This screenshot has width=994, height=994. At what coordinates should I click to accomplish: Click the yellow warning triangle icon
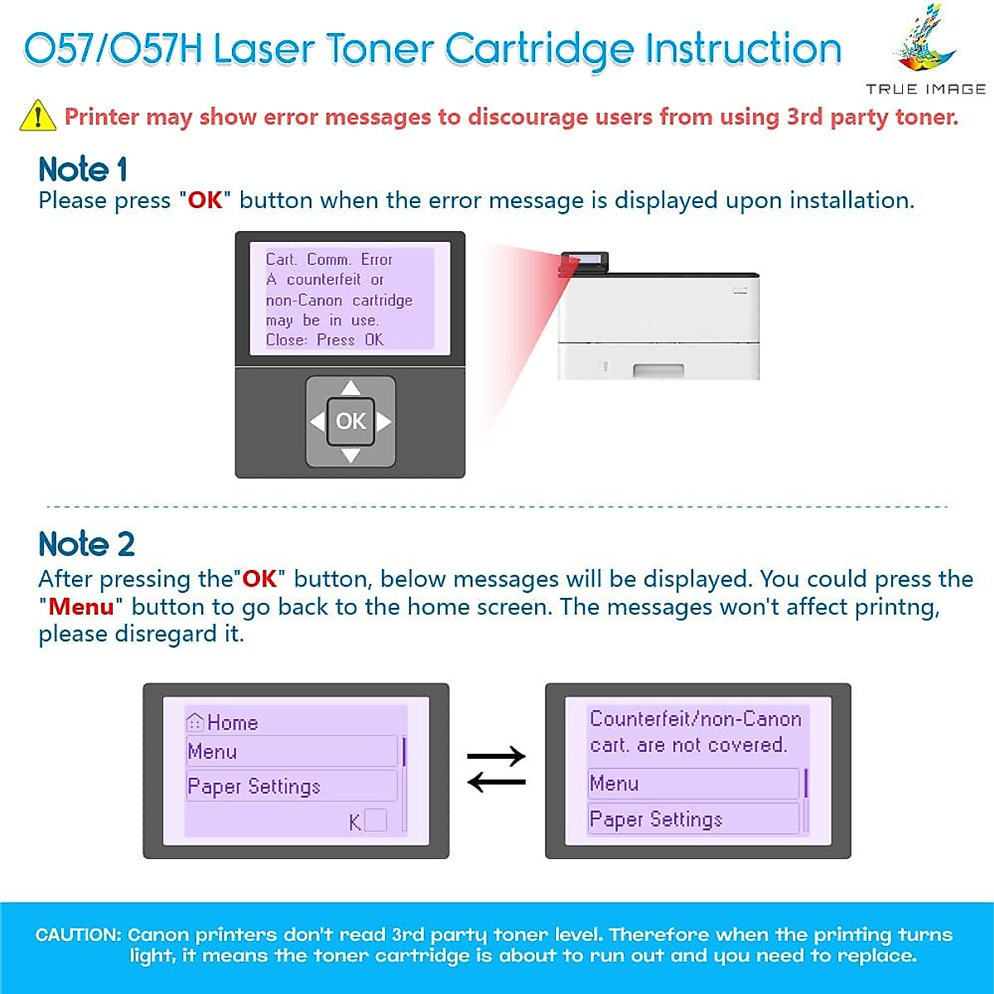pyautogui.click(x=37, y=116)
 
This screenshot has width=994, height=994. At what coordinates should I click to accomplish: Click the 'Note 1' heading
pyautogui.click(x=83, y=170)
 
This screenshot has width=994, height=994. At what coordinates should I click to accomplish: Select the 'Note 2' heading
pyautogui.click(x=86, y=544)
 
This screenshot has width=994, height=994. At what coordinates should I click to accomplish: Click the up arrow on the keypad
pyautogui.click(x=350, y=388)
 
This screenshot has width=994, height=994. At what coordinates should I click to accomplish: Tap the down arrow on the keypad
pyautogui.click(x=350, y=456)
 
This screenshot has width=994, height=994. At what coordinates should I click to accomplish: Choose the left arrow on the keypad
pyautogui.click(x=317, y=422)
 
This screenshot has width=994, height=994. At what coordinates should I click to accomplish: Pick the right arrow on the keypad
pyautogui.click(x=384, y=422)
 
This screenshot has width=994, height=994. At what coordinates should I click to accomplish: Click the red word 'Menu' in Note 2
pyautogui.click(x=80, y=607)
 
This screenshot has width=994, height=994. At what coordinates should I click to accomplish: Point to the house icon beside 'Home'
pyautogui.click(x=195, y=722)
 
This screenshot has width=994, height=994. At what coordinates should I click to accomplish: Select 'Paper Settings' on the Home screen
pyautogui.click(x=253, y=786)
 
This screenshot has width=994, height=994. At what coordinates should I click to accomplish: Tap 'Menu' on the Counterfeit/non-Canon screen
pyautogui.click(x=614, y=784)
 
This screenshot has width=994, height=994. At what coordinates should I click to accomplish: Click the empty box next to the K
pyautogui.click(x=376, y=820)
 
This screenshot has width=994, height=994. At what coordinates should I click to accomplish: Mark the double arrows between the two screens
pyautogui.click(x=496, y=769)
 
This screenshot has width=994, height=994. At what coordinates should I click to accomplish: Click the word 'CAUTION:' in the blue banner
pyautogui.click(x=79, y=935)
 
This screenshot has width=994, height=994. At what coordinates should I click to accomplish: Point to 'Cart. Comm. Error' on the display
pyautogui.click(x=329, y=259)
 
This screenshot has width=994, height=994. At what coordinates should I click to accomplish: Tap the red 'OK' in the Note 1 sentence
pyautogui.click(x=205, y=200)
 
